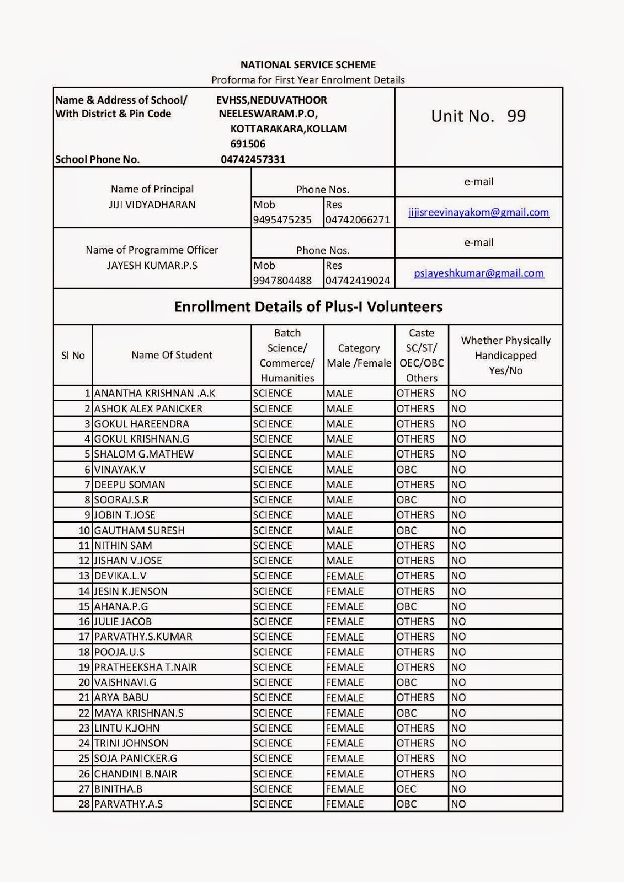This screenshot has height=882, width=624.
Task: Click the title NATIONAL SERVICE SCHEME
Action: coord(308,65)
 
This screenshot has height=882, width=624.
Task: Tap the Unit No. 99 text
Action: coord(478,116)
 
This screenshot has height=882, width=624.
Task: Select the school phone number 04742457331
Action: coord(253,160)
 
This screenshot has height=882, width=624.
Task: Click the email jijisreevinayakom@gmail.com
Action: coord(478,212)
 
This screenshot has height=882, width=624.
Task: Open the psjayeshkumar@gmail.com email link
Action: coord(478,273)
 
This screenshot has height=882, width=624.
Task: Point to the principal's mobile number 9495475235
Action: coord(282,220)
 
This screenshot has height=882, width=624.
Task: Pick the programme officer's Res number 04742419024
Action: coord(358,281)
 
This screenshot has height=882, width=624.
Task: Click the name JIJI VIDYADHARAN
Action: coord(152,205)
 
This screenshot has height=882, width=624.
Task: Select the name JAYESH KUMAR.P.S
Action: coord(152,265)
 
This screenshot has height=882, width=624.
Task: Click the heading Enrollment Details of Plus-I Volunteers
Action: coord(308,307)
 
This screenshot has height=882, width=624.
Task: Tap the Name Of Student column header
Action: coord(172,355)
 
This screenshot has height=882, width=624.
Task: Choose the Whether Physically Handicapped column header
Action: coord(505,356)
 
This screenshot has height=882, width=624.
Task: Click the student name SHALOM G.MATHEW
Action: coord(144,454)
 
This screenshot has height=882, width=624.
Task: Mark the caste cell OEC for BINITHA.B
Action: coord(407,789)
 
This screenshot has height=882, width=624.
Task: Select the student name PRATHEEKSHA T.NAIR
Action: coord(145,667)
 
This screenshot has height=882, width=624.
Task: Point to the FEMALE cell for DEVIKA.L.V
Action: coord(344,576)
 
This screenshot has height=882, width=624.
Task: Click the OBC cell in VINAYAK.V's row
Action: coord(407,470)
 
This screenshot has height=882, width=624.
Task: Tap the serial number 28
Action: coord(84,804)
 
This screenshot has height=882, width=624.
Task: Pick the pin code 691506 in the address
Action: coord(248,144)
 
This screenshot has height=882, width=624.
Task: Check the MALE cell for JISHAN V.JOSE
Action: coord(339,561)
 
